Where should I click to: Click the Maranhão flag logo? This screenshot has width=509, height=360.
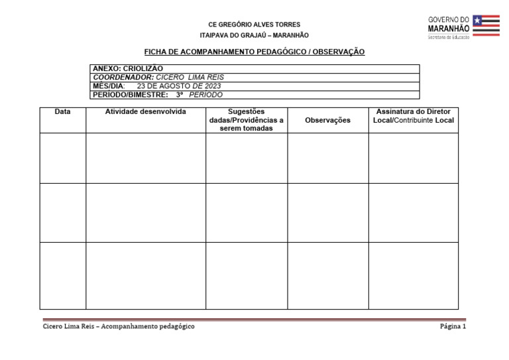(486, 25)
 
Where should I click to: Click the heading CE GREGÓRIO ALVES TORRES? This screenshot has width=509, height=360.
(254, 25)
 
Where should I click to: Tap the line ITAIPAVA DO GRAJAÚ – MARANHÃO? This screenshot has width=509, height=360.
(254, 35)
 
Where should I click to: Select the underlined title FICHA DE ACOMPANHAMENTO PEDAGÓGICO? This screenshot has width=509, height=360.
(254, 52)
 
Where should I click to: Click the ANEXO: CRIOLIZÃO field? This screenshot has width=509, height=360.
(128, 68)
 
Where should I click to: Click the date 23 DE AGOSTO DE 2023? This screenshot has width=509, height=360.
(179, 86)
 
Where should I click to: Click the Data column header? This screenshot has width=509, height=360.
(63, 112)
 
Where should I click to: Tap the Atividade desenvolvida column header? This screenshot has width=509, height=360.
(146, 112)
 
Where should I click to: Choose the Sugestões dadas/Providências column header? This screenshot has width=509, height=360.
(246, 120)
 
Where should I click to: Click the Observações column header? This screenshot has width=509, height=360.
(327, 120)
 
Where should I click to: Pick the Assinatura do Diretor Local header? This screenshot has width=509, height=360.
(413, 116)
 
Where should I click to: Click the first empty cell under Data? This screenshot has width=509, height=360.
(63, 158)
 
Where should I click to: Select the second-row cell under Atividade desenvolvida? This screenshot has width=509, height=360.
(146, 212)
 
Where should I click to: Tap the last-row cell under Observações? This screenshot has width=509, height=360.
(327, 275)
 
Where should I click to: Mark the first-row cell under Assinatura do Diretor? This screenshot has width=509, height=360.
(413, 158)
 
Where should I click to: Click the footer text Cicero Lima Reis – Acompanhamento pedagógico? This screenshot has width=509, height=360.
(119, 326)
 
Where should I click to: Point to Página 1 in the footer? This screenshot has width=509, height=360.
(453, 326)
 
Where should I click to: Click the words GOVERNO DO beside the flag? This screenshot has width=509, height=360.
(449, 20)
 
